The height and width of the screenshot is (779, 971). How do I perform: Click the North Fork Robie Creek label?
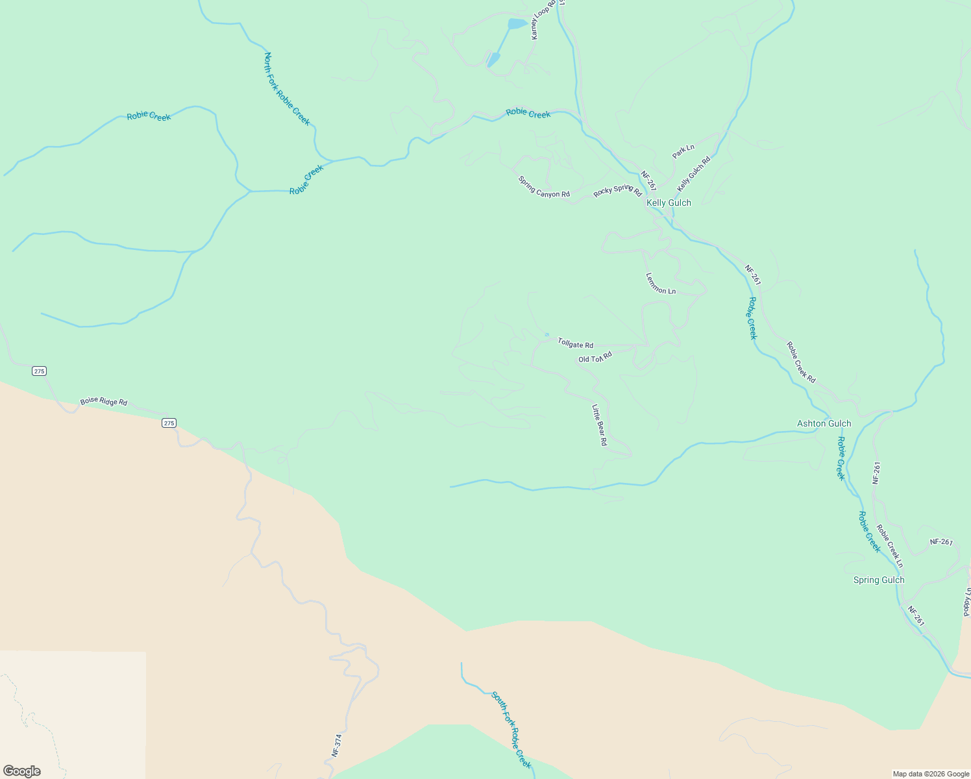click(286, 89)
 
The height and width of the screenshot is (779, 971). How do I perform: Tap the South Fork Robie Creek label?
click(511, 730)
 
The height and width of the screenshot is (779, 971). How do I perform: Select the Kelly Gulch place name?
click(669, 203)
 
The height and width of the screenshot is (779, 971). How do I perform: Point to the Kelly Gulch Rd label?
click(693, 173)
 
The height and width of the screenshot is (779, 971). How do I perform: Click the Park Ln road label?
click(683, 151)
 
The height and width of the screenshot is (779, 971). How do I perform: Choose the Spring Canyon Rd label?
click(543, 186)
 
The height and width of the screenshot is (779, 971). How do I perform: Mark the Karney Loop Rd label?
click(544, 20)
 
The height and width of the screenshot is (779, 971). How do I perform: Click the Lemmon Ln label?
click(660, 283)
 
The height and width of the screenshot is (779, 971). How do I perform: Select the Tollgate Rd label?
click(575, 343)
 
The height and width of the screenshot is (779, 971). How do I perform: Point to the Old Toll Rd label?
click(595, 357)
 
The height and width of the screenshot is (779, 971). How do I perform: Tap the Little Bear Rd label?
click(598, 425)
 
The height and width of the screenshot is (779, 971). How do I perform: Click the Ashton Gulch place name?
click(824, 423)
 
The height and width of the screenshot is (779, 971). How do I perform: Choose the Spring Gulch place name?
click(878, 580)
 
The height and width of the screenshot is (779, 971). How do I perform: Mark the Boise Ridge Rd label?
click(103, 402)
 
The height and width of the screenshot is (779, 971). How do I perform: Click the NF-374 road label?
click(336, 745)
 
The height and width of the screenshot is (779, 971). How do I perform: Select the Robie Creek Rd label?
click(800, 362)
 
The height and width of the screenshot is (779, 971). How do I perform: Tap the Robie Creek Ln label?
click(889, 546)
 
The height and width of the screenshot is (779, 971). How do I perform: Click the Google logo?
click(22, 771)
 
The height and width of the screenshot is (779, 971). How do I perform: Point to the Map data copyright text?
click(930, 774)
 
